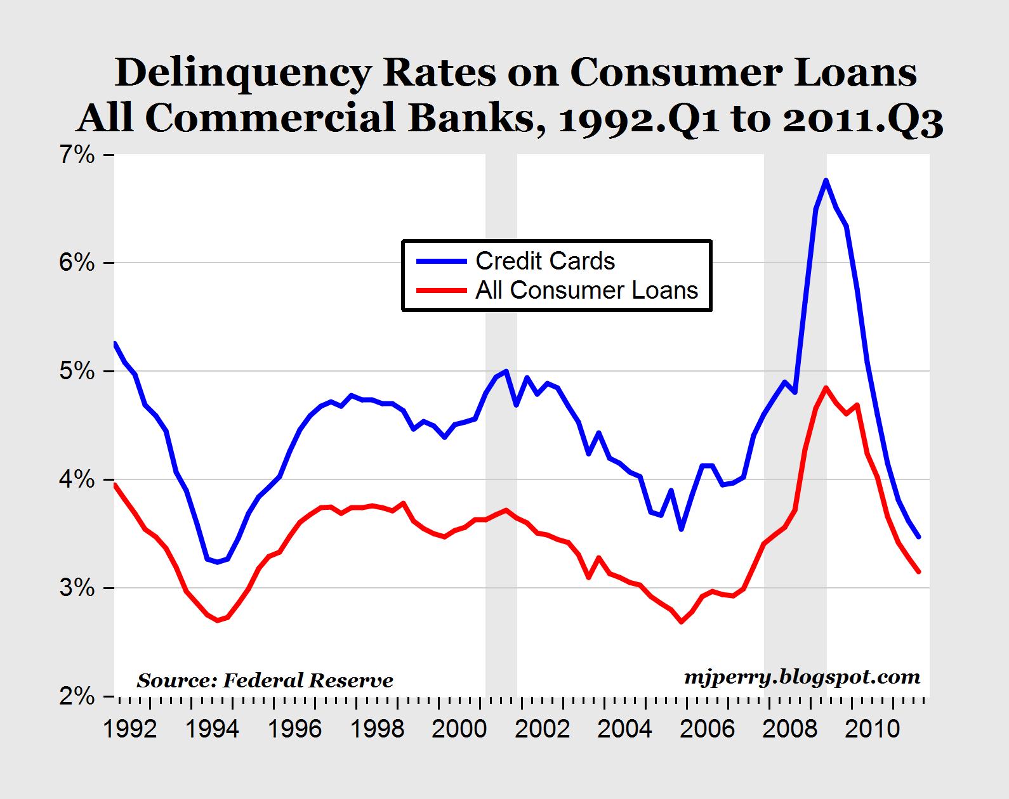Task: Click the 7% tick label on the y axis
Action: click(77, 155)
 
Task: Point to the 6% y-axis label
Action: click(77, 263)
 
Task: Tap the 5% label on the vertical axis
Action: click(77, 371)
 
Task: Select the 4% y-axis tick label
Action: click(77, 479)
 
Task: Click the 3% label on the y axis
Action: click(77, 588)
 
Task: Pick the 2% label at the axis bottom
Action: click(77, 696)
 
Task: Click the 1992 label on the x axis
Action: click(129, 730)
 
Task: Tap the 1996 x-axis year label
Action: click(294, 730)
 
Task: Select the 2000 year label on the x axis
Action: click(459, 730)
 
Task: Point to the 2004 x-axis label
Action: click(624, 730)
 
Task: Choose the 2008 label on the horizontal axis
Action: click(789, 730)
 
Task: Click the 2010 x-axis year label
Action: click(872, 730)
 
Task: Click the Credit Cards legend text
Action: click(545, 261)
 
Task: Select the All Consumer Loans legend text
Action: click(587, 290)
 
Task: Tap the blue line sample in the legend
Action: click(442, 261)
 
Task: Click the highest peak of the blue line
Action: click(826, 180)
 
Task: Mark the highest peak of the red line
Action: click(826, 387)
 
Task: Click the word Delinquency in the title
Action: click(242, 74)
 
